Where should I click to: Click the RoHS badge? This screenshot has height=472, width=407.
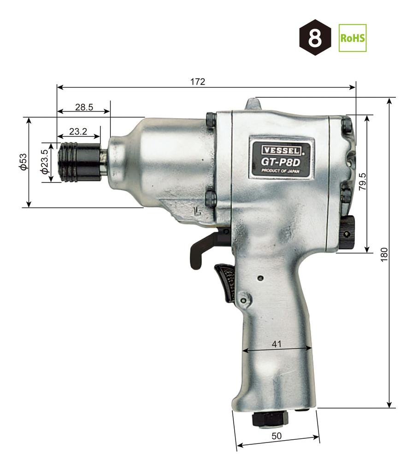(353, 38)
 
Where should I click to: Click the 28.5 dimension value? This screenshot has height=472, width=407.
(84, 107)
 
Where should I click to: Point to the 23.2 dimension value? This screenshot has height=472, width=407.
(78, 131)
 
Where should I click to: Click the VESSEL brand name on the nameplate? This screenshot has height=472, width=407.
(281, 149)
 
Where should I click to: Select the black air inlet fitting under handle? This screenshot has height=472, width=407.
(269, 419)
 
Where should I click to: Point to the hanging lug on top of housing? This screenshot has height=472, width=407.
(253, 105)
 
